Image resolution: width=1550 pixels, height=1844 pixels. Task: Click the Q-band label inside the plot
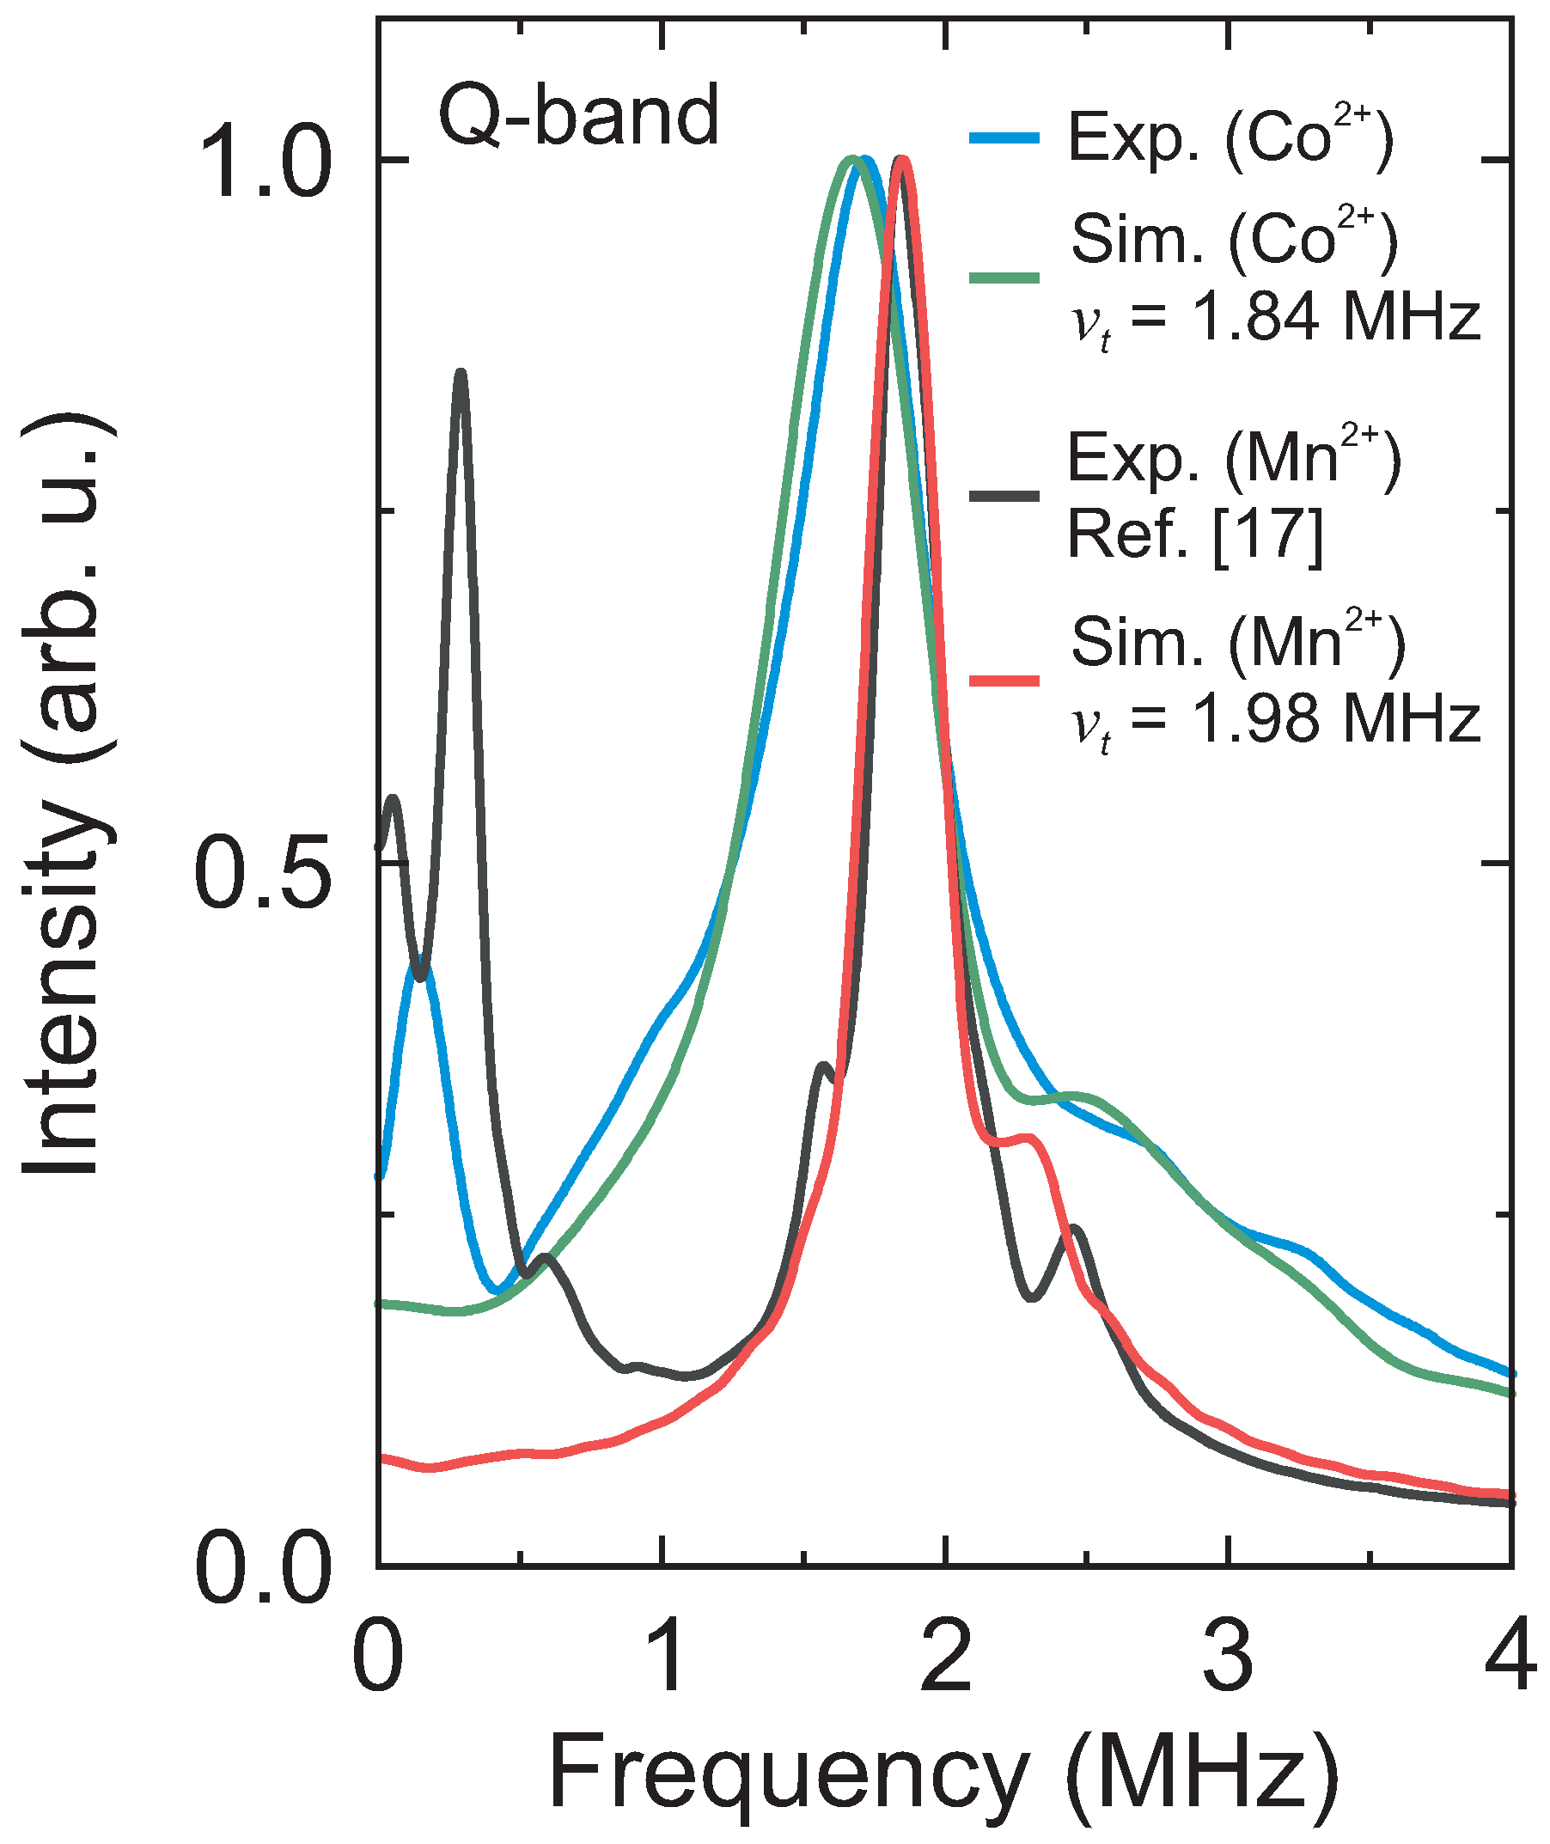579,116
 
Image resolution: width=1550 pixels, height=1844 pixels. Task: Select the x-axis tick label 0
378,1656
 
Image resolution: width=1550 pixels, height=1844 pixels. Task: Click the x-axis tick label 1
664,1656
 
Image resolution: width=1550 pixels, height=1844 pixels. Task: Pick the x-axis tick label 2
946,1656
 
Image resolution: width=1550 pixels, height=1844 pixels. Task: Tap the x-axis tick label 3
1229,1656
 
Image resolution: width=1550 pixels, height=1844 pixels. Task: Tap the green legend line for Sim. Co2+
1004,278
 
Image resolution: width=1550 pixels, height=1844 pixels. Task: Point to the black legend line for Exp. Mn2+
1004,497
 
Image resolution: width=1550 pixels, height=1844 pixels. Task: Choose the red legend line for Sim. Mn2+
1004,681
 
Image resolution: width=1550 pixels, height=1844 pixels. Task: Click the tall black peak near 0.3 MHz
461,376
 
